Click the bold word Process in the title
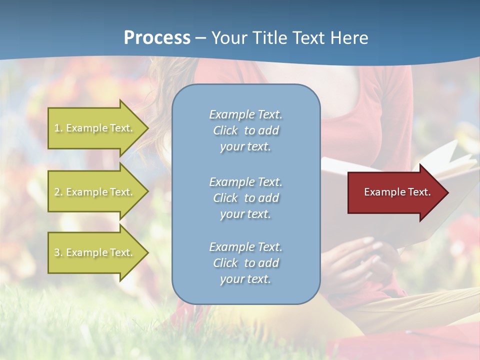157,37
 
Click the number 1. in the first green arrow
58,128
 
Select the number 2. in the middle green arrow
58,192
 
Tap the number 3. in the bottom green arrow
58,252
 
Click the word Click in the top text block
225,130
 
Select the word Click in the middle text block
225,198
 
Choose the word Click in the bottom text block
225,263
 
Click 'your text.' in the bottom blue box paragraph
245,279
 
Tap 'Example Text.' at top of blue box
245,114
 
